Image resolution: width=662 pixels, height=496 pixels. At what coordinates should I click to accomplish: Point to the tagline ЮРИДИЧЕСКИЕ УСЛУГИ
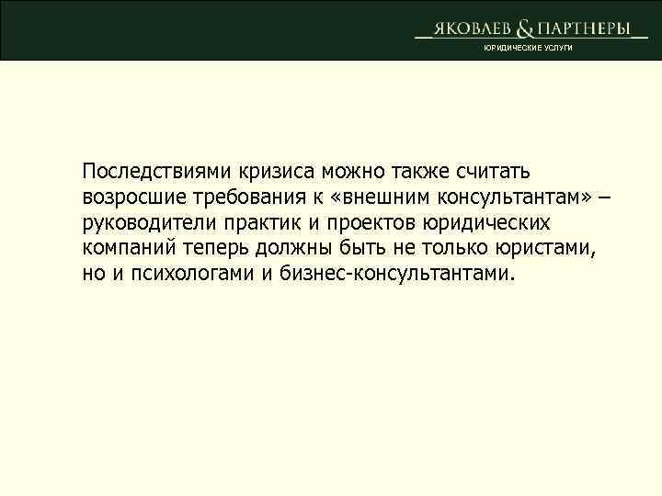pyautogui.click(x=530, y=47)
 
